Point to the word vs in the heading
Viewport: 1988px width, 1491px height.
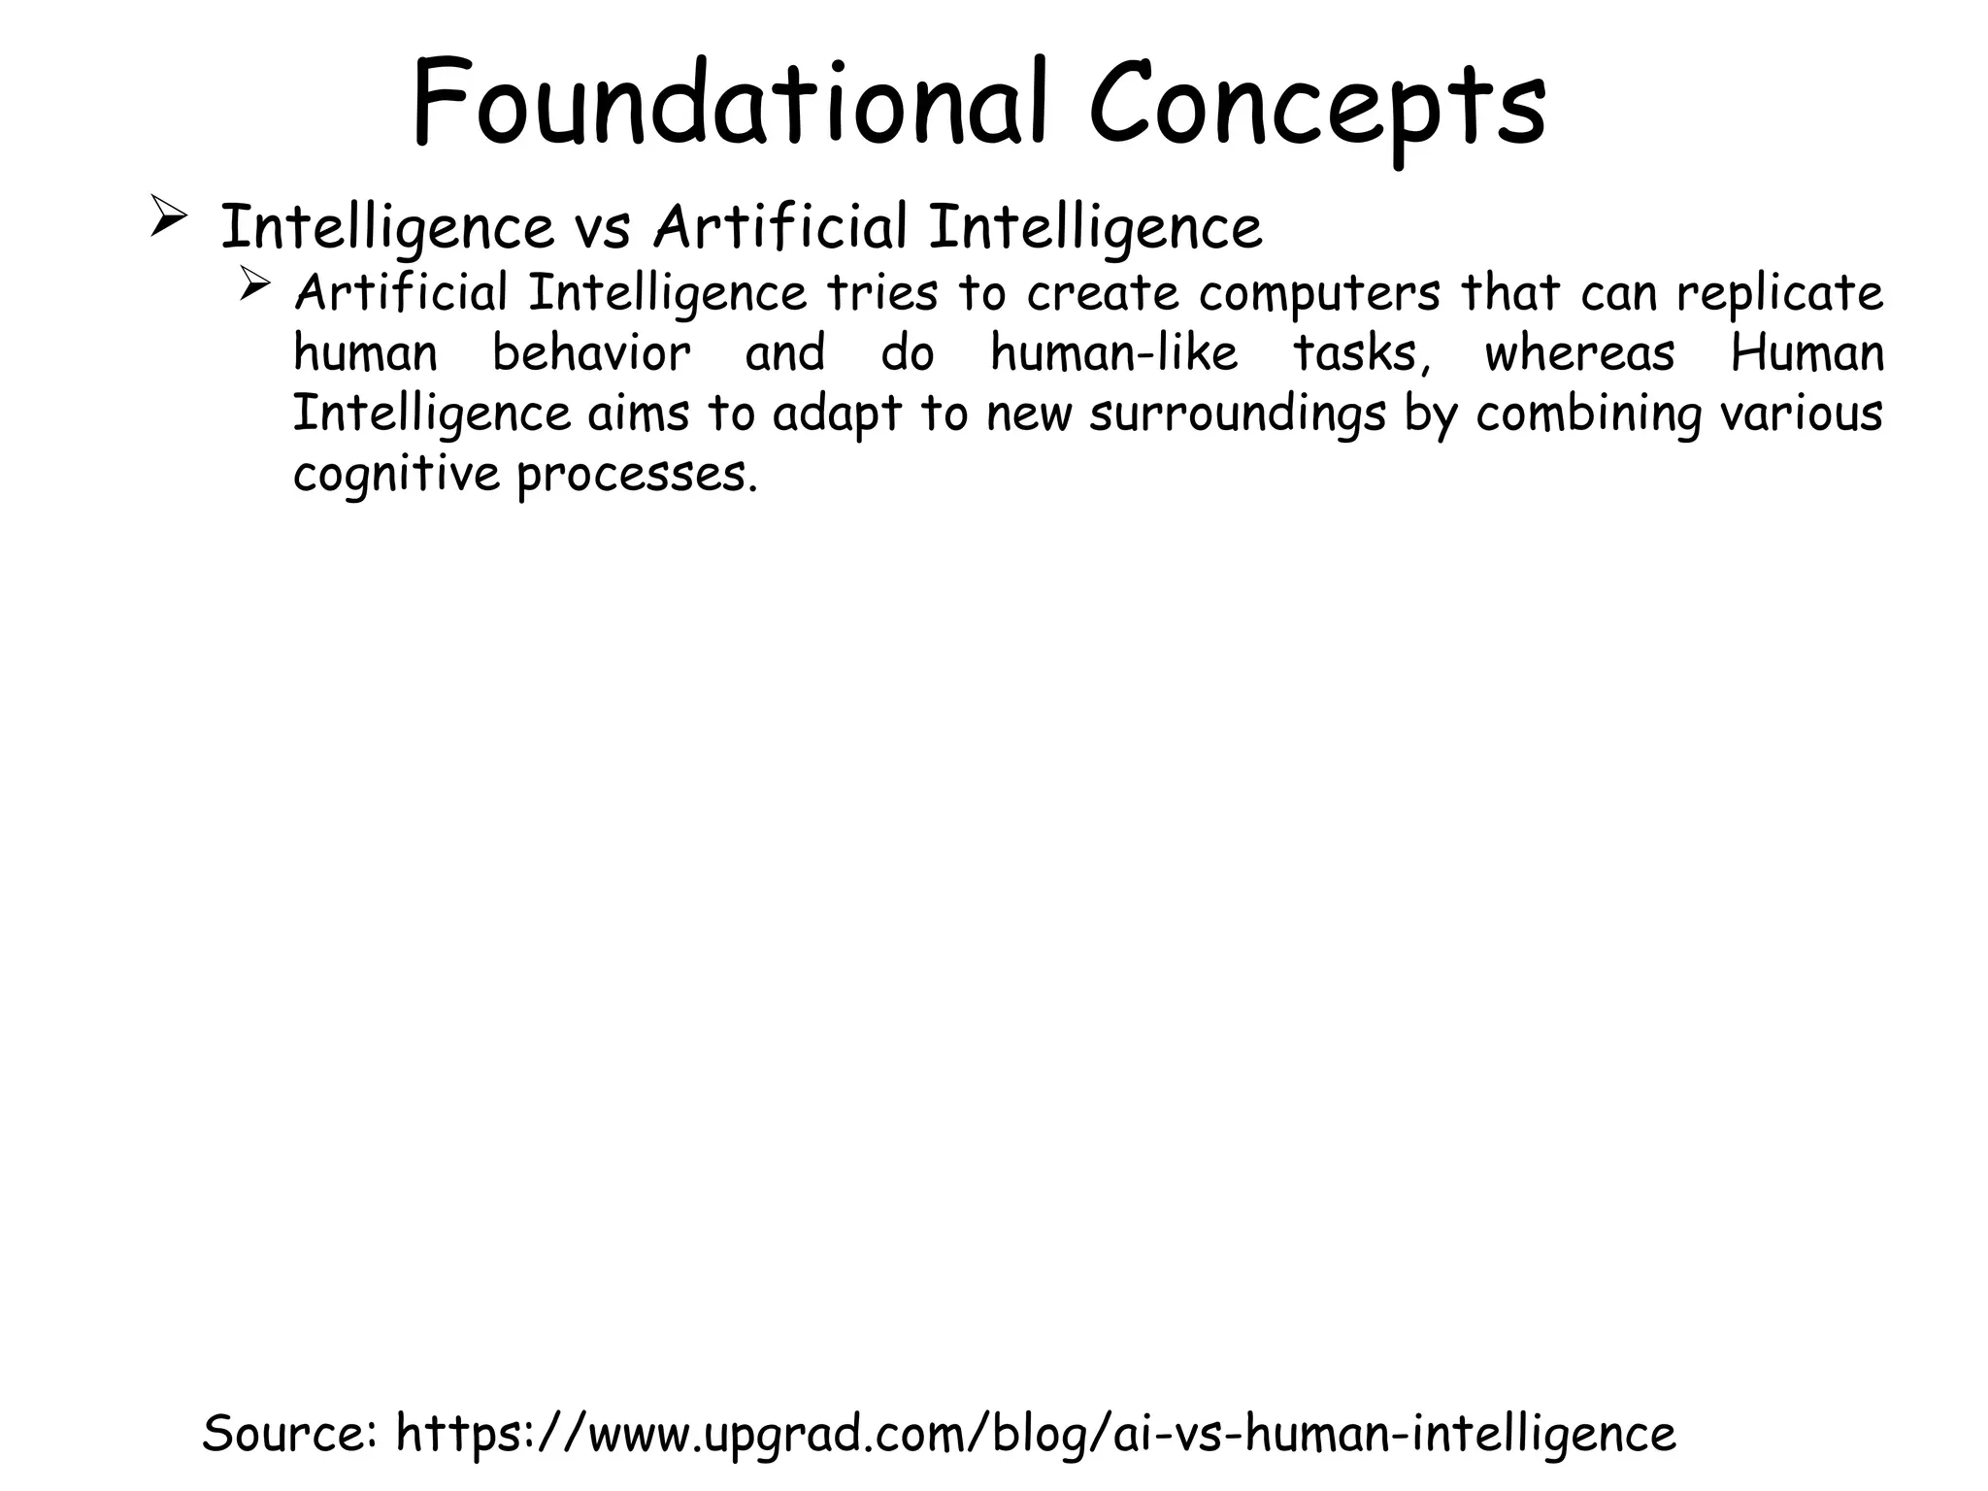tap(603, 229)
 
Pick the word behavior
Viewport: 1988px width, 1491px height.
tap(591, 353)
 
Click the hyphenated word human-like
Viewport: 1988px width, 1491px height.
tap(1114, 353)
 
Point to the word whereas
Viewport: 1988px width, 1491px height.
tap(1579, 353)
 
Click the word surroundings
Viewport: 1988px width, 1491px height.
tap(1237, 415)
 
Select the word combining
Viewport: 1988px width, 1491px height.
tap(1588, 415)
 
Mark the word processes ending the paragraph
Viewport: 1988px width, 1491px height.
tap(636, 476)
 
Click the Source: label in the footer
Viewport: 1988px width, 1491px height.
tap(291, 1433)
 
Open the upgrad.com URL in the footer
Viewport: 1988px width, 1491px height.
tap(1036, 1435)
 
